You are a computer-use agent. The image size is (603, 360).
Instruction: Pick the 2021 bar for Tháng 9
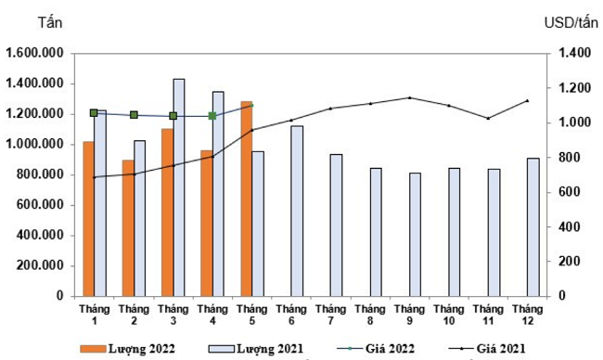pos(415,234)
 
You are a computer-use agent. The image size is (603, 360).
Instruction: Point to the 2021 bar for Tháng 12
pos(532,226)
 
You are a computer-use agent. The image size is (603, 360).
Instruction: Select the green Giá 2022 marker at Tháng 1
pos(94,112)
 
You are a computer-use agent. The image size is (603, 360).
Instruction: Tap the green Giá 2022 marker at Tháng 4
pos(212,116)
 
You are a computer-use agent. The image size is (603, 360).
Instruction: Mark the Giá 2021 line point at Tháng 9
pos(409,97)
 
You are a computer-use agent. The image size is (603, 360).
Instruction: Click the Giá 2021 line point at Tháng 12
pos(528,100)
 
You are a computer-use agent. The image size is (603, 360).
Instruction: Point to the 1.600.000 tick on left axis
pos(33,53)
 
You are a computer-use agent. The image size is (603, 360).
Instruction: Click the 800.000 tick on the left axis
pos(39,174)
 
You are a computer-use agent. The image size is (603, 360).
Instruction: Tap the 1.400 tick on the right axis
pos(567,53)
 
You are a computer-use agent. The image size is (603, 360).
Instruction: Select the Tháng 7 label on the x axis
pos(330,314)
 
